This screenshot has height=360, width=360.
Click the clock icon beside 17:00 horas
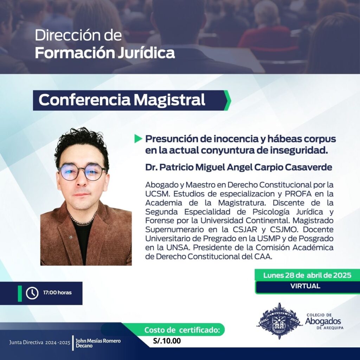(32, 293)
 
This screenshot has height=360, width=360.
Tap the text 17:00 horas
(57, 293)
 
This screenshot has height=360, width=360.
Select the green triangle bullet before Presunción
(138, 139)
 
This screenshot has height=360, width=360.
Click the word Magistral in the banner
(169, 100)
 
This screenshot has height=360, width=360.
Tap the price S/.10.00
(167, 341)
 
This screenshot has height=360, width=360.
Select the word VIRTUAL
(305, 286)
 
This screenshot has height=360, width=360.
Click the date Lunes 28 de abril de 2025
(307, 275)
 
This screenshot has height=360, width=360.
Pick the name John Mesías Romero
(98, 341)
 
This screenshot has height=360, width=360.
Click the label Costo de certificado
(182, 330)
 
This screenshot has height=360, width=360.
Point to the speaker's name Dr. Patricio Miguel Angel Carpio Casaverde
(239, 167)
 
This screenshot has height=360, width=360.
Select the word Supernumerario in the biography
(174, 230)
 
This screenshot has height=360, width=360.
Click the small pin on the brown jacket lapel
(71, 237)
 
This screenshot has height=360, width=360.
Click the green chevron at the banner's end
(227, 100)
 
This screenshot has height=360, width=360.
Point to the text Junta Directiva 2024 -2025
(40, 342)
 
